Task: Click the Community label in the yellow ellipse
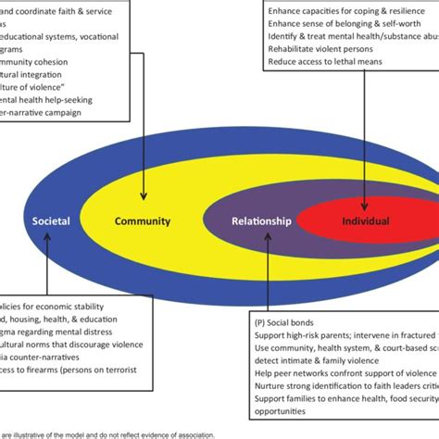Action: coord(142,221)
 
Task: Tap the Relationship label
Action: coord(262,221)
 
